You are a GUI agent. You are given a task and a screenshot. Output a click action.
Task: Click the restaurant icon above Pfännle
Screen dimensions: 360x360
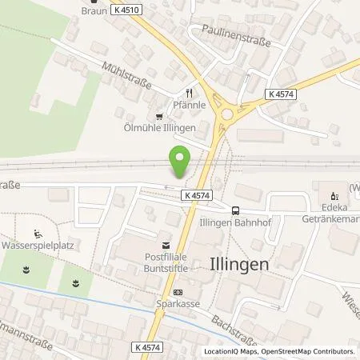[x=190, y=92]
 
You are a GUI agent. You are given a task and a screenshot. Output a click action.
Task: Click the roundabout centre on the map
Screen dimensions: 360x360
[x=226, y=114]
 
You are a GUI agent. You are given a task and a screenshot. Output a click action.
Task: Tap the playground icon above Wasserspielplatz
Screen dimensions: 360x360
[x=38, y=234]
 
